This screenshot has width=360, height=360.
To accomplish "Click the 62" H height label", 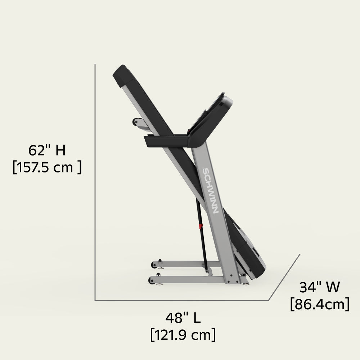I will [47, 150].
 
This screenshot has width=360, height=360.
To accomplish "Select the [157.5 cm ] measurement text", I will [47, 167].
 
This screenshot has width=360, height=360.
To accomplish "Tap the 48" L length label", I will [183, 318].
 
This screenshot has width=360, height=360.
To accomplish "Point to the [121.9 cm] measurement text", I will [183, 335].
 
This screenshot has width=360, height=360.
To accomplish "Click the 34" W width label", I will [319, 288].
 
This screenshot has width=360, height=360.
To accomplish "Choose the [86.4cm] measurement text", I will [319, 305].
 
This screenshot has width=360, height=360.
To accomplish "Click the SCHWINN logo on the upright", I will [210, 191].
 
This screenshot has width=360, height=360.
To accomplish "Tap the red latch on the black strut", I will [201, 226].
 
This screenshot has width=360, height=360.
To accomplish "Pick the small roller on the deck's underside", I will [137, 122].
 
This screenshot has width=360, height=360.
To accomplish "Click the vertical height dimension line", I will [95, 180].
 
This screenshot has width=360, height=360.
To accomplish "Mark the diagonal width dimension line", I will [284, 277].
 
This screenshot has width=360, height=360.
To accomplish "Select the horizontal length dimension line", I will [180, 300].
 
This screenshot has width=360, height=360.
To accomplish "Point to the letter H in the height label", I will [60, 150].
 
